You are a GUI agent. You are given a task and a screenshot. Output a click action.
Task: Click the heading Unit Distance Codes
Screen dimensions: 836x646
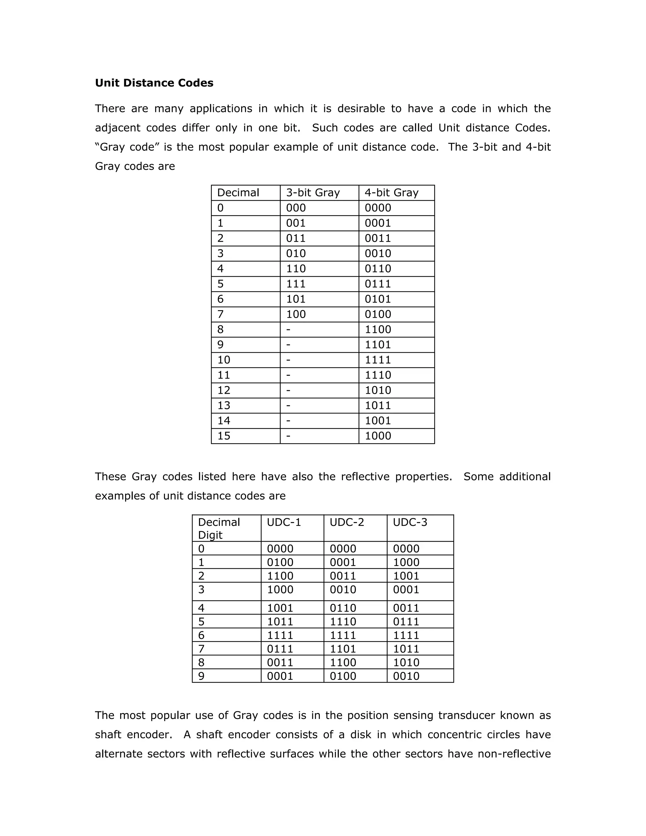tap(154, 83)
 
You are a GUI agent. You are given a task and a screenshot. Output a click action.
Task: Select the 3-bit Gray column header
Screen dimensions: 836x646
tap(313, 192)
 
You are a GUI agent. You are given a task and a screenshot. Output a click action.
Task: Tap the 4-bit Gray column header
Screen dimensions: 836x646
tap(391, 192)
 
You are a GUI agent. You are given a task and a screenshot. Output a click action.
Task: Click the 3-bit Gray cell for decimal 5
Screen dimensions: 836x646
tap(296, 284)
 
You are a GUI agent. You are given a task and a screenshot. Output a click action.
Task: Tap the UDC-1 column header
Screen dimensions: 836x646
tap(284, 522)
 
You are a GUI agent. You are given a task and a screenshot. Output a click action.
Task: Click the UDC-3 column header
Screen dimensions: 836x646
tap(409, 522)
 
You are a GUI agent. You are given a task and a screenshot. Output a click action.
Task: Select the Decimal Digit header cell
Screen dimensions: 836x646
tap(219, 528)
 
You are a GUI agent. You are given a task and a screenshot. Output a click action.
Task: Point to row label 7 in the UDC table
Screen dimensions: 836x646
tap(201, 649)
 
